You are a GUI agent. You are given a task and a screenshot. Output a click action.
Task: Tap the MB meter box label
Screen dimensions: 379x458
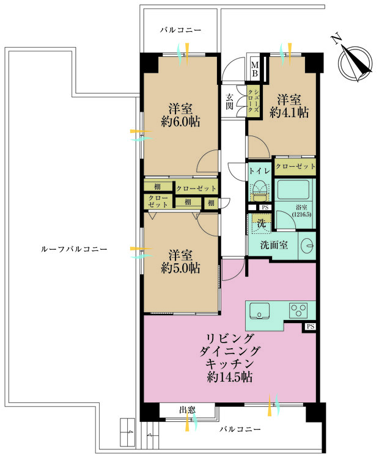(255, 69)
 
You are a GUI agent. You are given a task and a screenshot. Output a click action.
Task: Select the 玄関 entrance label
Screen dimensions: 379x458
(230, 101)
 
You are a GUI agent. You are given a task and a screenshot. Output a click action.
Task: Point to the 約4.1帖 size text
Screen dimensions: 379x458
(289, 112)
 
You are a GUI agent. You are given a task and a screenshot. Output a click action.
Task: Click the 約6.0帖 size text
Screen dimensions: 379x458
(180, 122)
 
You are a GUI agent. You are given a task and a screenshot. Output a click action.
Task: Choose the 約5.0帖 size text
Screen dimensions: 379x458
(180, 268)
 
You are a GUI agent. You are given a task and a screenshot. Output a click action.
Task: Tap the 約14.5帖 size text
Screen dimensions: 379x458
(230, 377)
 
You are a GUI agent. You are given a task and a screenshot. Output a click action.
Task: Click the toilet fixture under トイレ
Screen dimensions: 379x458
(259, 190)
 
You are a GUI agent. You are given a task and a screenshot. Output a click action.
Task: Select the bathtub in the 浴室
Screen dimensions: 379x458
(293, 190)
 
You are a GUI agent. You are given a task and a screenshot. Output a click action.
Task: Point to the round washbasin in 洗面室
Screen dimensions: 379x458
(307, 245)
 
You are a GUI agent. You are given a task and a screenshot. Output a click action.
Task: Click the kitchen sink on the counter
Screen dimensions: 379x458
(259, 311)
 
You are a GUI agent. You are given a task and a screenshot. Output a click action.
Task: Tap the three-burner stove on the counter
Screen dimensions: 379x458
(298, 310)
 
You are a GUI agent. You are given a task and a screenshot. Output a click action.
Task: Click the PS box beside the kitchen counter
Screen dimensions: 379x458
(311, 327)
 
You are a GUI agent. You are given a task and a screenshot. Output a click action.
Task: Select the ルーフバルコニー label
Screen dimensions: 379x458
(74, 249)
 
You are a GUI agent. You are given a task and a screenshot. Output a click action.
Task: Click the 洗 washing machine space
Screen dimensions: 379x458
(261, 224)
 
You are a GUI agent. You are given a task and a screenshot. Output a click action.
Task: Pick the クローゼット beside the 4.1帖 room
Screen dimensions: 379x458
(295, 167)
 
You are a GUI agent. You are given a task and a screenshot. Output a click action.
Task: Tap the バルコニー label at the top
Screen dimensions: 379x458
(180, 30)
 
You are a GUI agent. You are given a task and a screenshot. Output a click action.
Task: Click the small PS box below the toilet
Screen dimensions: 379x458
(265, 208)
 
